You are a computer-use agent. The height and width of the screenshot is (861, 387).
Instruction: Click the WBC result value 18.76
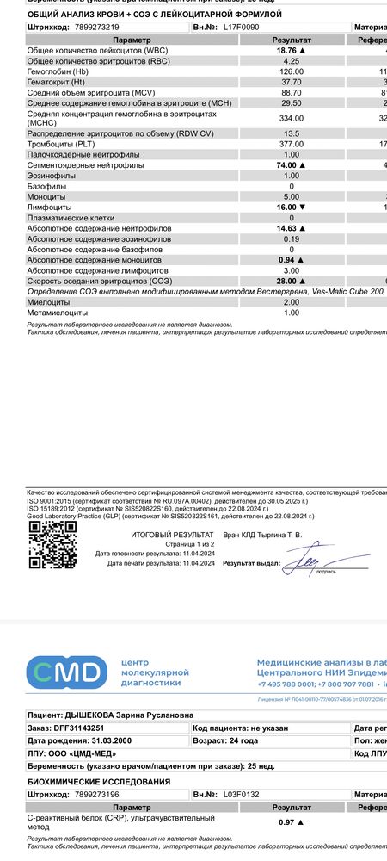(x=289, y=52)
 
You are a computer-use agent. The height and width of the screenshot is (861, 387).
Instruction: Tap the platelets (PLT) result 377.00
(x=291, y=144)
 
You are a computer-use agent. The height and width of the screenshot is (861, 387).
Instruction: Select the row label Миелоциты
(x=48, y=302)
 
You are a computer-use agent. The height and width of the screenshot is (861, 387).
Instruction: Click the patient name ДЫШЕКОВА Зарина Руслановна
(x=130, y=715)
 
